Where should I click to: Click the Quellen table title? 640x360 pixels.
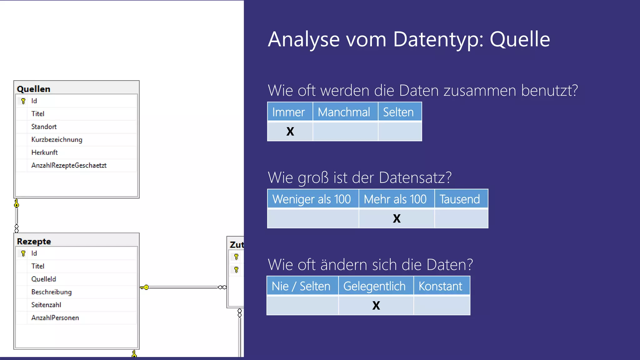(x=33, y=89)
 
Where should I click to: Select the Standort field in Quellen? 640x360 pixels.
(x=44, y=127)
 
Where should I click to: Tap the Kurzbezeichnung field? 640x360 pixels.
(x=57, y=139)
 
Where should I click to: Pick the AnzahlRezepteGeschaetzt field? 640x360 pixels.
(x=69, y=165)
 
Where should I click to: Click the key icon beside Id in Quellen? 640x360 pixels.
(x=23, y=101)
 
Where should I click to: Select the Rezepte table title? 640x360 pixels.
(x=34, y=242)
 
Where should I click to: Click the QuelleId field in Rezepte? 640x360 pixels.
(x=43, y=279)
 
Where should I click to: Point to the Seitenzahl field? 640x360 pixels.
(x=46, y=305)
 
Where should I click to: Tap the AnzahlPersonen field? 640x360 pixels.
(x=55, y=318)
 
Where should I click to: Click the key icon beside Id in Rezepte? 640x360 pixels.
(x=23, y=253)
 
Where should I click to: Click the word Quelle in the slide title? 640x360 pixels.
(x=520, y=39)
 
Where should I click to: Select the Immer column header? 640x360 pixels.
(x=288, y=112)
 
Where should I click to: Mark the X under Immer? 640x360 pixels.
(x=290, y=131)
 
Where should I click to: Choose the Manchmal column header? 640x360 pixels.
(x=344, y=112)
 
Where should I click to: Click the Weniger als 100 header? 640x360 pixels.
(x=312, y=199)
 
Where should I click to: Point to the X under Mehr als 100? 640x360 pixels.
(x=397, y=218)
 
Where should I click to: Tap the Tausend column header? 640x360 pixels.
(x=459, y=199)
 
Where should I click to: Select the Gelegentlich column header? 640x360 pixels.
(x=374, y=286)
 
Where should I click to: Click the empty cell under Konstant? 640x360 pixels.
(x=442, y=305)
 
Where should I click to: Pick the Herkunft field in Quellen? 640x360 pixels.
(x=44, y=152)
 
